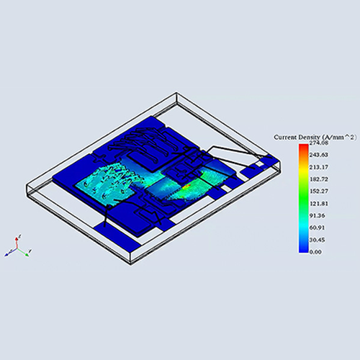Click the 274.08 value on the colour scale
[x=318, y=143]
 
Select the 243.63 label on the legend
[x=318, y=155]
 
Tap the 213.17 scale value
[x=318, y=167]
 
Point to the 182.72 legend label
[x=318, y=179]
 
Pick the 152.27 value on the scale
[x=318, y=192]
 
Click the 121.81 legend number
[x=318, y=204]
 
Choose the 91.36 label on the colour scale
[x=317, y=215]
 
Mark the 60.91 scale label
[x=317, y=228]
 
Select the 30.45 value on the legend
[x=317, y=240]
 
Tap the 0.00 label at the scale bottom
[x=315, y=252]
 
